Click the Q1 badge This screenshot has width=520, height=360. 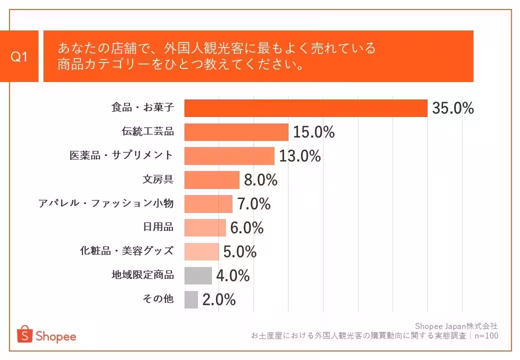click(x=19, y=56)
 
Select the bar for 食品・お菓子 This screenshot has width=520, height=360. click(x=305, y=108)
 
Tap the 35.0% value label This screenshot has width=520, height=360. click(x=453, y=108)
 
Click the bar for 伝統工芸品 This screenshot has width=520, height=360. click(x=236, y=132)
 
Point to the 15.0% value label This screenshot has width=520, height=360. click(x=313, y=132)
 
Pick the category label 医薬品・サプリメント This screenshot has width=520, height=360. click(x=121, y=155)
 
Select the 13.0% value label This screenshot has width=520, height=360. click(x=299, y=156)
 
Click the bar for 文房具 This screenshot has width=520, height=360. click(x=212, y=180)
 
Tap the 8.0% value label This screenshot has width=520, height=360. click(x=260, y=180)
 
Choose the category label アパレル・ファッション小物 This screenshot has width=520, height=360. click(x=106, y=203)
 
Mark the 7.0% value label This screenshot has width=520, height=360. click(x=253, y=204)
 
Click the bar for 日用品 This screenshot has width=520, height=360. click(x=205, y=227)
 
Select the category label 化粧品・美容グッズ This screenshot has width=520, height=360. click(x=127, y=251)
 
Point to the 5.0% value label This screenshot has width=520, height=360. click(x=239, y=251)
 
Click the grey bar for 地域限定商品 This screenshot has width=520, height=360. click(x=198, y=275)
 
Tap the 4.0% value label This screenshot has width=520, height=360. click(x=232, y=275)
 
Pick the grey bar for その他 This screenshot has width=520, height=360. click(x=191, y=299)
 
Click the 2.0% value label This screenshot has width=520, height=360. click(x=219, y=299)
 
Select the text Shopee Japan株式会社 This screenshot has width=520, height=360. click(x=456, y=326)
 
